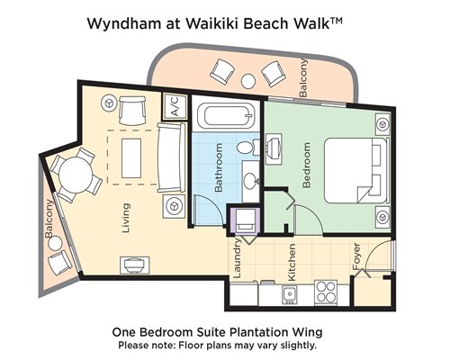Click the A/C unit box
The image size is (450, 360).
coord(175,106)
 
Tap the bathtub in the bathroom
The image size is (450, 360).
coord(229,115)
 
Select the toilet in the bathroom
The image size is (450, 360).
coord(247,147)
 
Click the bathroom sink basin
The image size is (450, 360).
coord(251,181)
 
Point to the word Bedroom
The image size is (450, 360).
coord(306,165)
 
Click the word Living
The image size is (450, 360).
coord(126,218)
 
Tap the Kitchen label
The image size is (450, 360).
coord(292,262)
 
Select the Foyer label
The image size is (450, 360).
coord(356,256)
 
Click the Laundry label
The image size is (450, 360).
coord(237,258)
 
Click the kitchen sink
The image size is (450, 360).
coord(290,294)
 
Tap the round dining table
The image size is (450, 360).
coord(76,175)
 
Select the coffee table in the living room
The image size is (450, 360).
coord(131,158)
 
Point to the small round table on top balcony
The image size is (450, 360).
coord(248,81)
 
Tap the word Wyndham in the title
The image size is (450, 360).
coord(124,23)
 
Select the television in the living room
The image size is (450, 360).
coord(134,265)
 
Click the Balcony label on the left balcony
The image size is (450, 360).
coord(49,219)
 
